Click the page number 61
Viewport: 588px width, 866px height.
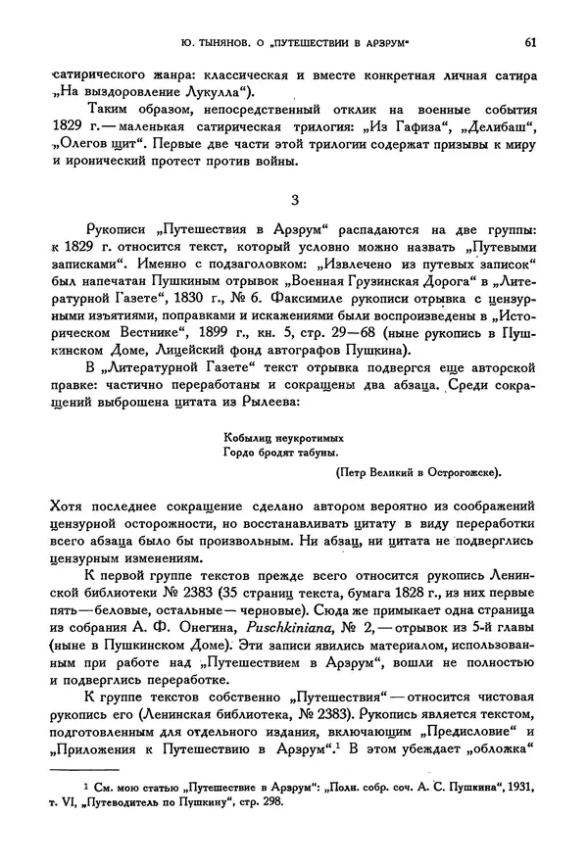[x=528, y=42]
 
